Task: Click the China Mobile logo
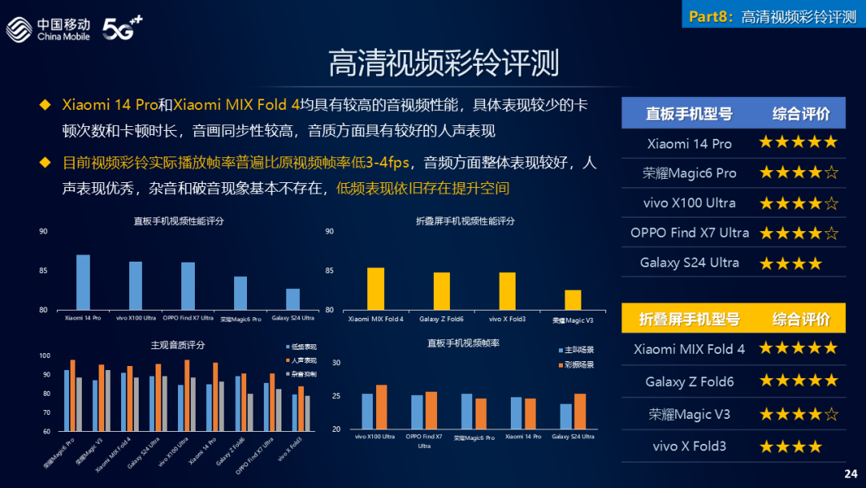48,29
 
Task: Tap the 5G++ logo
121,29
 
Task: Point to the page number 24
851,474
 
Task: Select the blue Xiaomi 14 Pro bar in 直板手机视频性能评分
83,282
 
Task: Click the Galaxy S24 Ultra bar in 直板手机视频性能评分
293,299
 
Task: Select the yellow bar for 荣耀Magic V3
573,299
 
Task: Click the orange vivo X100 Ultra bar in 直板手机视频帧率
382,407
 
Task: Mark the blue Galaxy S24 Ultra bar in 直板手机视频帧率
566,416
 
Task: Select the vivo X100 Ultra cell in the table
689,203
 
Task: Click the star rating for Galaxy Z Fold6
798,380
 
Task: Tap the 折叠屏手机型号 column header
689,319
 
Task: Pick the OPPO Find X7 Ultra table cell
689,233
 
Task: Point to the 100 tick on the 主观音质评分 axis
45,356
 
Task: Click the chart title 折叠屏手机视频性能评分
465,221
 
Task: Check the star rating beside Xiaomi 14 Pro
798,143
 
